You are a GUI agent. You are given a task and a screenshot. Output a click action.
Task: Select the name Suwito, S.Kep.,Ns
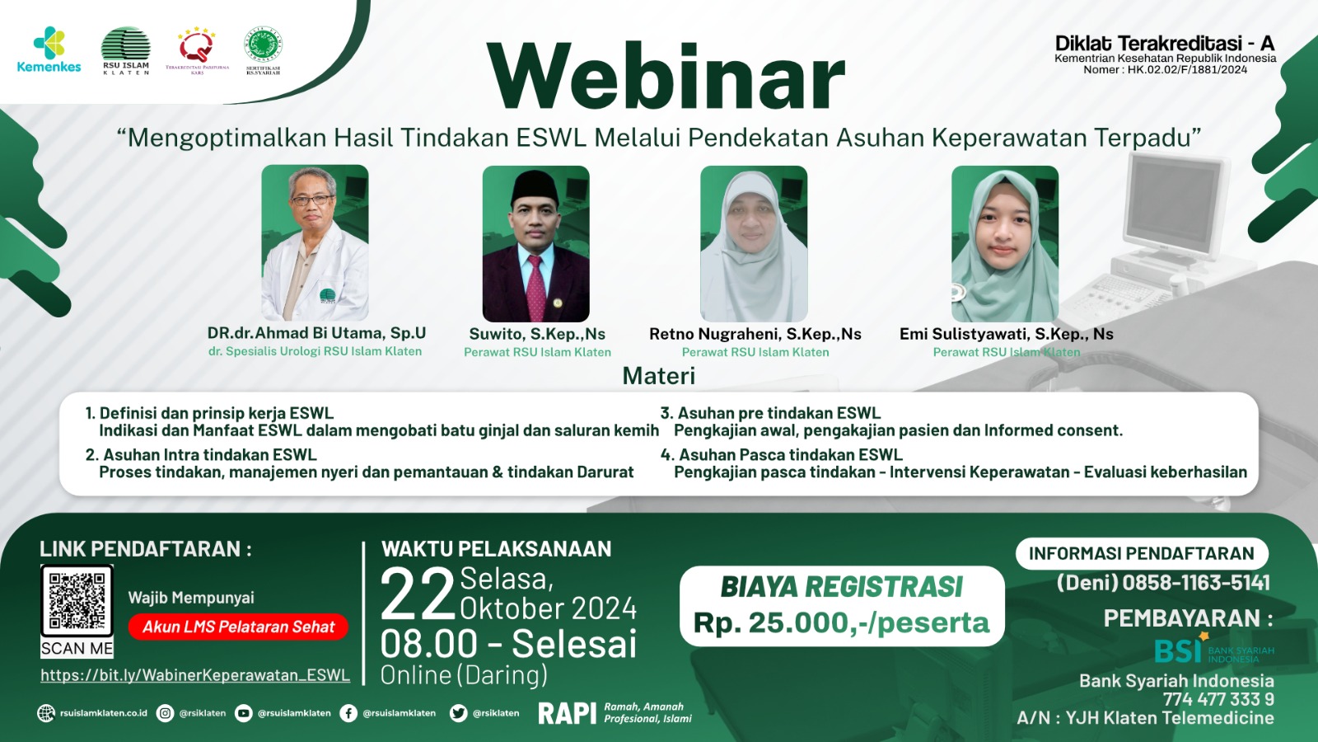pyautogui.click(x=537, y=334)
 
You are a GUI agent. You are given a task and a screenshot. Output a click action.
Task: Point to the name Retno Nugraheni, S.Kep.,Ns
pyautogui.click(x=755, y=334)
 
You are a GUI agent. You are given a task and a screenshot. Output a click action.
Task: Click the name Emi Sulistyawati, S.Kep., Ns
pyautogui.click(x=1006, y=334)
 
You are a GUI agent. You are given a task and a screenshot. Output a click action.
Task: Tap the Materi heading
pyautogui.click(x=658, y=376)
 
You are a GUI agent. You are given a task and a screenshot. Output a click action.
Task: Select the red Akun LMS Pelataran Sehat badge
pyautogui.click(x=238, y=627)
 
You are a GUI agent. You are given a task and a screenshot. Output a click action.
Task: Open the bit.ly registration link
pyautogui.click(x=195, y=675)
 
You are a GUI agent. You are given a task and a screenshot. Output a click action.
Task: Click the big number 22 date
pyautogui.click(x=417, y=595)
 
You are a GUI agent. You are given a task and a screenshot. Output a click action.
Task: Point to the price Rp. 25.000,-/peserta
pyautogui.click(x=841, y=622)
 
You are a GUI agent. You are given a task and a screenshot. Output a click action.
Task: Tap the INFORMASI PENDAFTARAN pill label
pyautogui.click(x=1141, y=553)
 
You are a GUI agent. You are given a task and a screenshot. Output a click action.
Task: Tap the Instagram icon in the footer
pyautogui.click(x=166, y=713)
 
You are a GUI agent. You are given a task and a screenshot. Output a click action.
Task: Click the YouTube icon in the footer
pyautogui.click(x=244, y=713)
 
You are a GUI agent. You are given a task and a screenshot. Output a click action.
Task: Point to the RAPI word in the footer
pyautogui.click(x=567, y=713)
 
